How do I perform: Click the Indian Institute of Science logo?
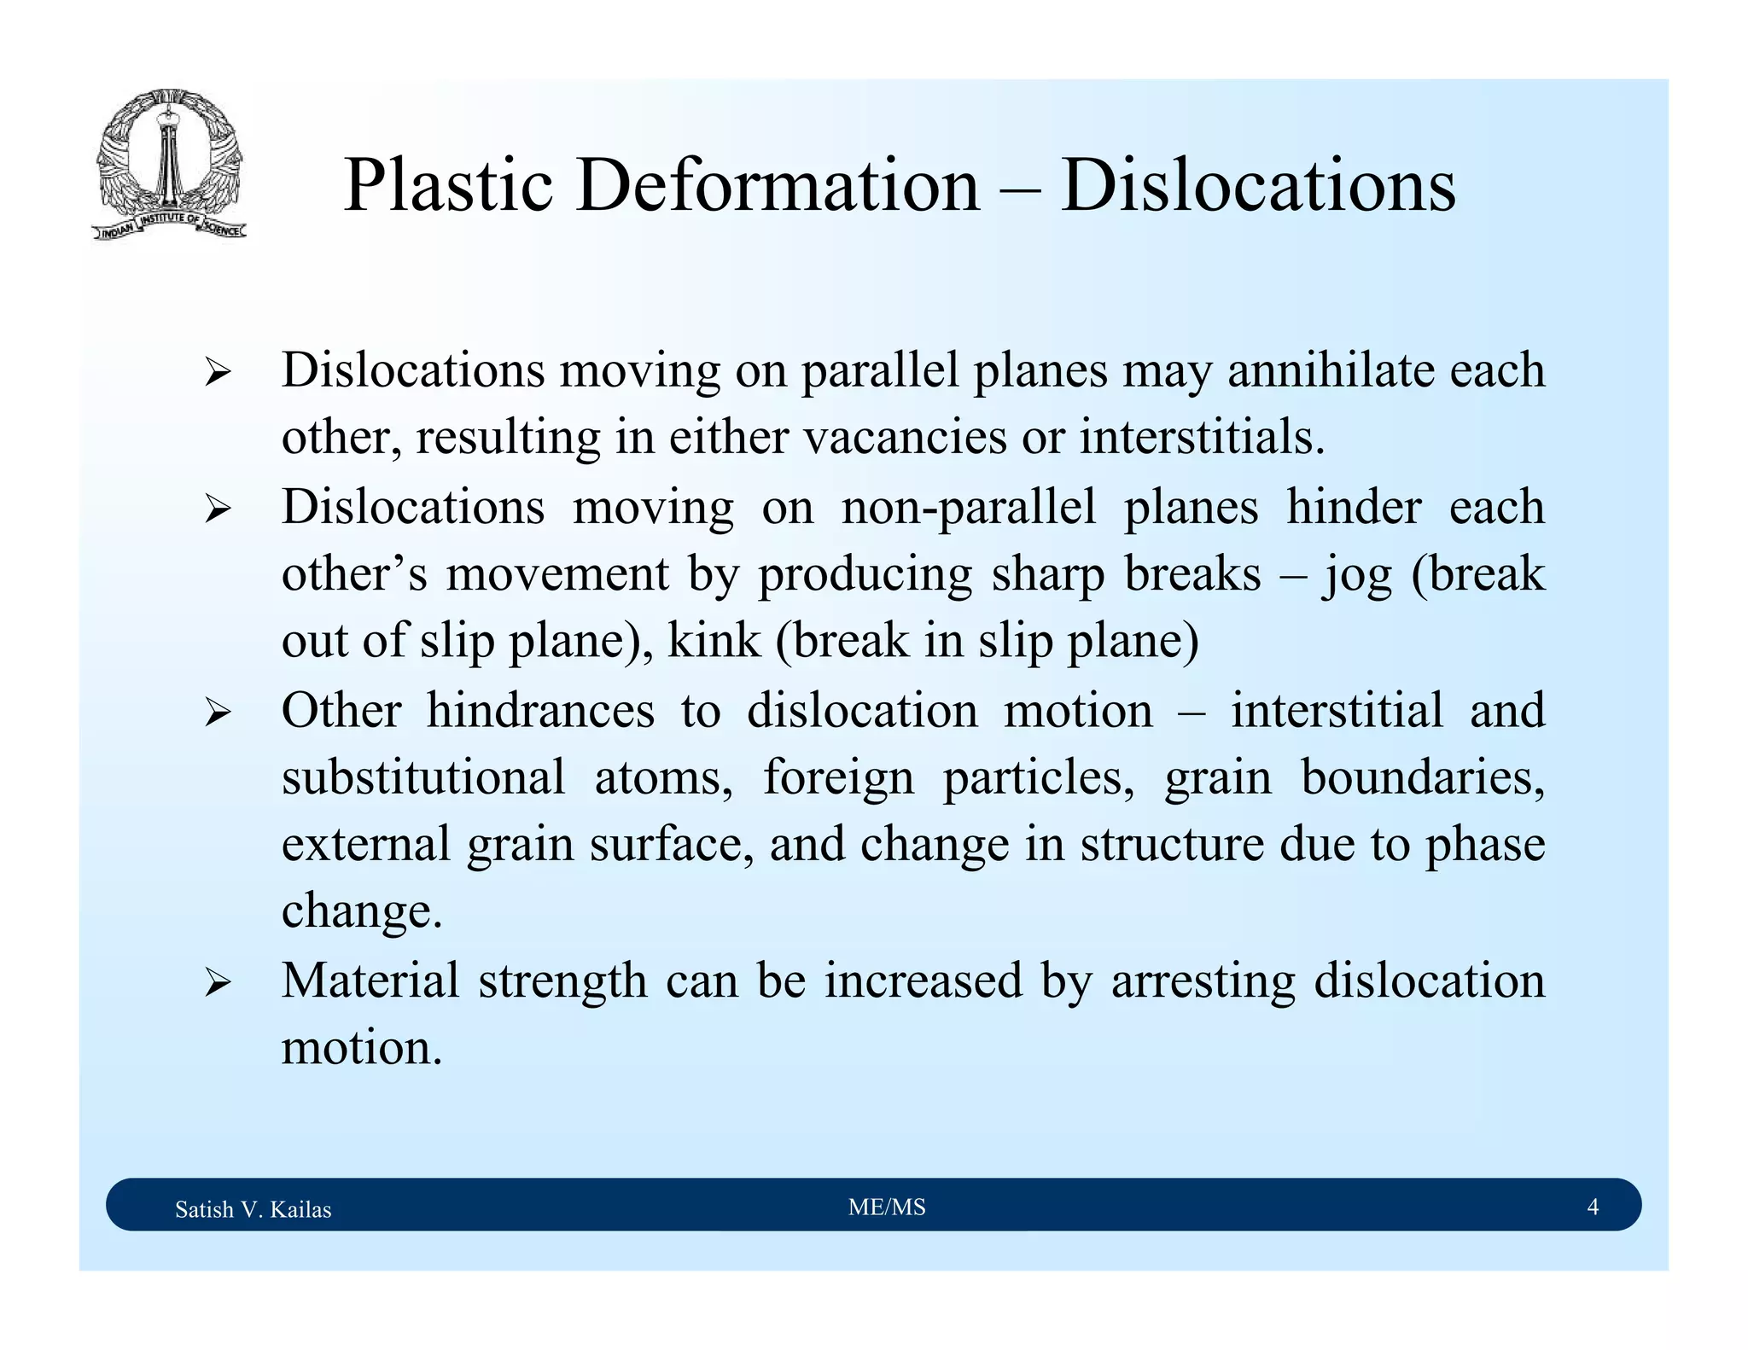click(x=169, y=164)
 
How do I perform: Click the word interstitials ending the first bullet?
click(x=1201, y=438)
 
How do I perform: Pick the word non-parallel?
click(x=968, y=507)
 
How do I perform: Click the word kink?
click(x=714, y=641)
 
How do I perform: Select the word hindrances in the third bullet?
click(x=540, y=710)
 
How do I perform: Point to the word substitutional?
click(x=423, y=777)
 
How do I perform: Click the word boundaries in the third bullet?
click(x=1422, y=777)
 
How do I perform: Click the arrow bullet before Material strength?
click(x=218, y=984)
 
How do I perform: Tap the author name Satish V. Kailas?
click(x=253, y=1209)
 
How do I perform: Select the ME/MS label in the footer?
click(x=887, y=1207)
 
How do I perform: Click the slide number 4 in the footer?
click(x=1592, y=1207)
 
